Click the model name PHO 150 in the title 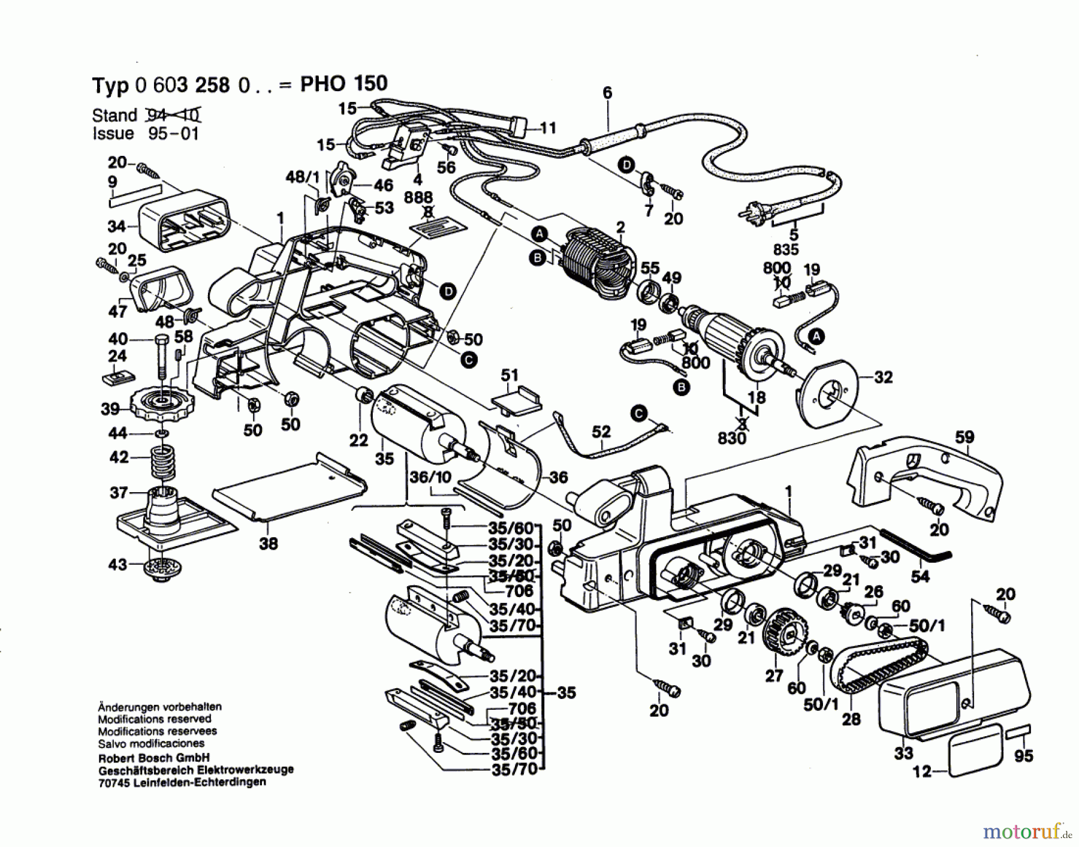(x=343, y=84)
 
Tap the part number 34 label (x=117, y=227)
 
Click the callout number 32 (x=883, y=377)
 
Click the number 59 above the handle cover (x=965, y=437)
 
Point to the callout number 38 (x=269, y=544)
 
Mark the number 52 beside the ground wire (x=601, y=432)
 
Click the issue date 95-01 (x=173, y=133)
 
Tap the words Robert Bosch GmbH (x=154, y=758)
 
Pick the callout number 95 (x=1023, y=756)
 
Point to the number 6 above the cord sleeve (x=607, y=93)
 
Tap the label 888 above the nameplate (x=418, y=198)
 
